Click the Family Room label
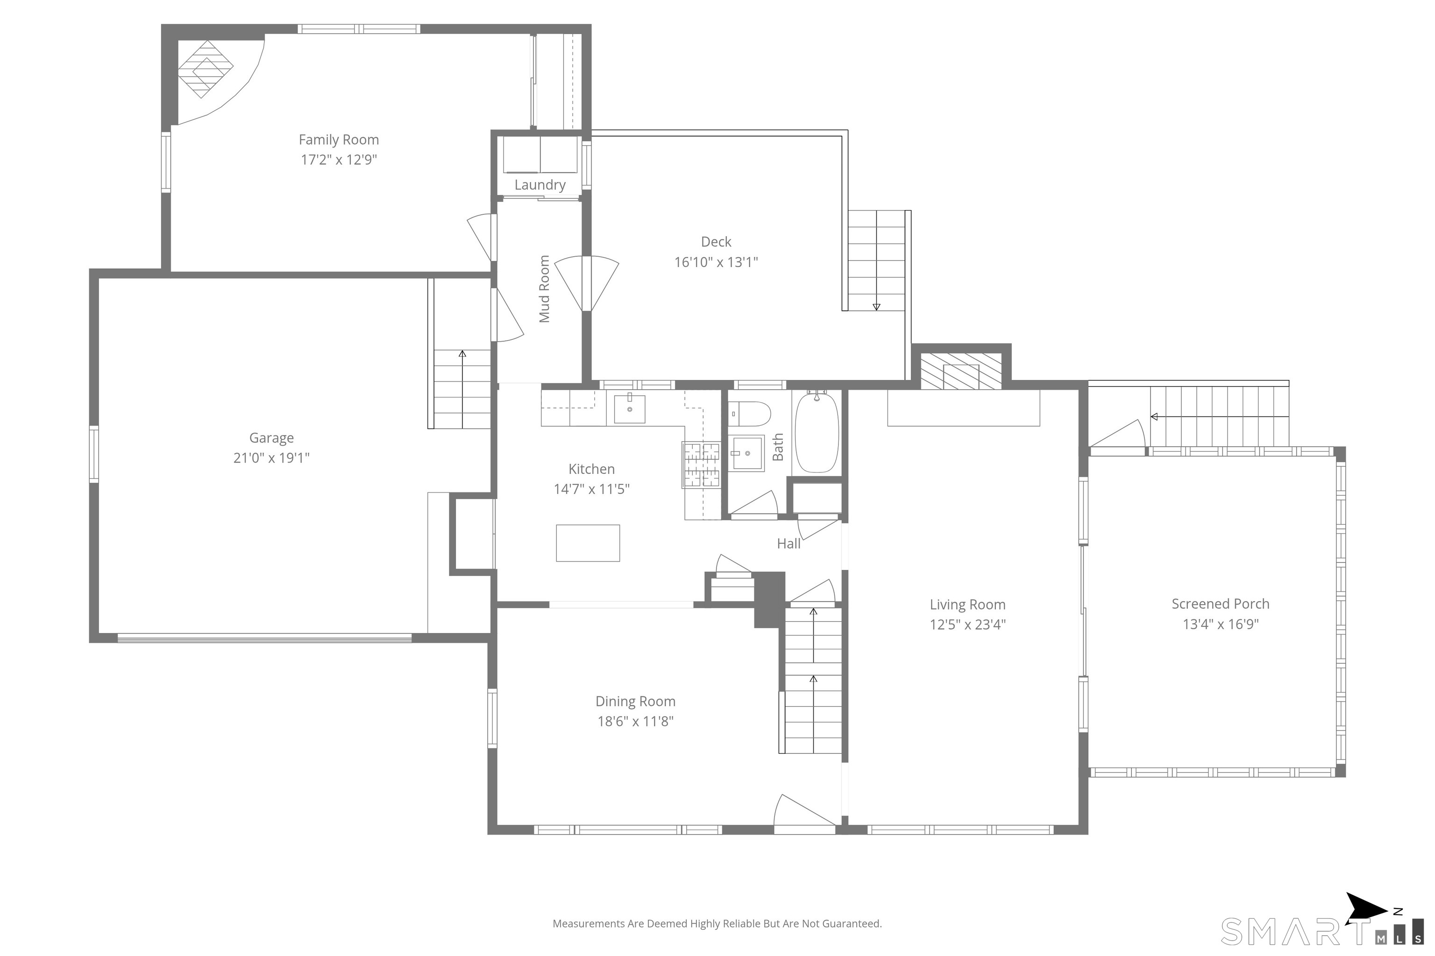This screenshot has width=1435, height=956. (339, 140)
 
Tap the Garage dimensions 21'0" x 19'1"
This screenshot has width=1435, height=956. (271, 457)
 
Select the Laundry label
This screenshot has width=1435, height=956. (540, 185)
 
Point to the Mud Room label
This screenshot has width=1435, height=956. (544, 289)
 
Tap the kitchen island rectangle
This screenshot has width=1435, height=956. (588, 542)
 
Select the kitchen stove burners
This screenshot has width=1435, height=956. (701, 464)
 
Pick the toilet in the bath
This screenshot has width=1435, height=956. (749, 414)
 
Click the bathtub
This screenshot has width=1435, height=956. (817, 432)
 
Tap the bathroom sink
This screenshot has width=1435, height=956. (748, 453)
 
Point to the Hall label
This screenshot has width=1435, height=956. (789, 543)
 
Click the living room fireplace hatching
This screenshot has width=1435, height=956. (961, 371)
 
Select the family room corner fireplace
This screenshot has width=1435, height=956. (206, 69)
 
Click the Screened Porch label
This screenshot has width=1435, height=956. (1220, 604)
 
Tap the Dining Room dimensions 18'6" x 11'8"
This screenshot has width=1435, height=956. (635, 721)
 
